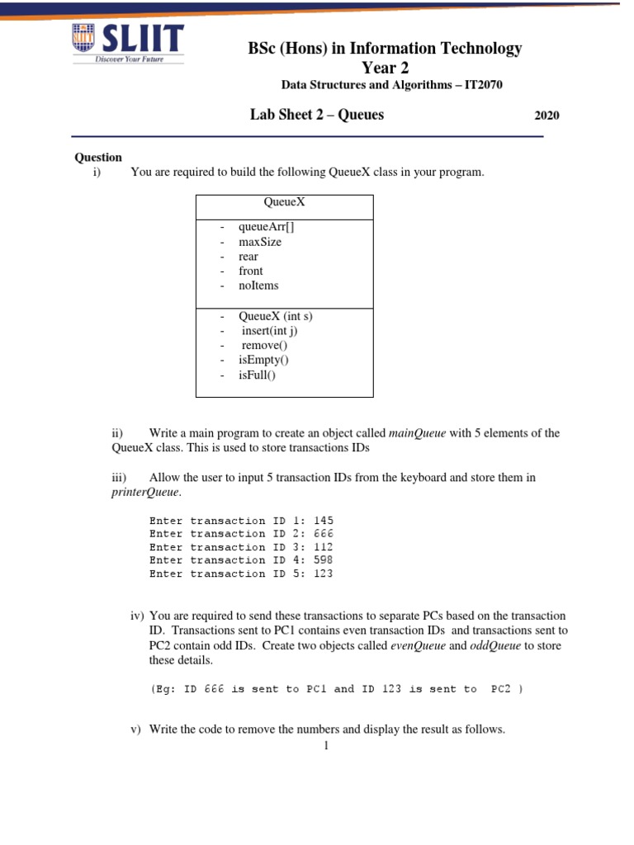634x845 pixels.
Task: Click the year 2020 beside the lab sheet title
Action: tap(547, 116)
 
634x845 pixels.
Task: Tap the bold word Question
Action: tap(98, 158)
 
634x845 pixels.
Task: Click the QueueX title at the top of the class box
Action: tap(284, 201)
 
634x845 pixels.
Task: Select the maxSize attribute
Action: tap(259, 242)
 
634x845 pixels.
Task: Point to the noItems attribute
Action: tap(258, 286)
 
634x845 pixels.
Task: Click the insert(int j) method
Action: tap(268, 331)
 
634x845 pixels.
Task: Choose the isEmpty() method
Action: tap(263, 360)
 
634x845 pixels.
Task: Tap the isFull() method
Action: tap(257, 375)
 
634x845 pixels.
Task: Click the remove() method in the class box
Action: tap(264, 346)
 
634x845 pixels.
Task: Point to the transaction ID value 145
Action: tap(324, 521)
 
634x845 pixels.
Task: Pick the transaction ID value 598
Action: tap(324, 560)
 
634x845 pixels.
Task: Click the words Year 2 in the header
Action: tap(386, 68)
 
